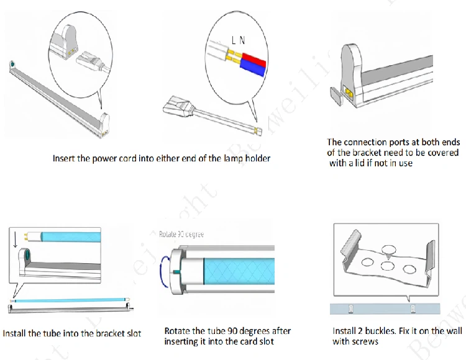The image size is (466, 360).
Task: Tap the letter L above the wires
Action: (x=234, y=40)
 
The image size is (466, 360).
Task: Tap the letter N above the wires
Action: (x=242, y=40)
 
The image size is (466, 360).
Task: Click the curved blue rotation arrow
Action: (x=163, y=271)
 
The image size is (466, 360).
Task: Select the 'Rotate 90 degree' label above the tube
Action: (x=178, y=235)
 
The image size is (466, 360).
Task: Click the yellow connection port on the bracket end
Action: (x=349, y=93)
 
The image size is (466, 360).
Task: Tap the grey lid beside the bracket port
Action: (x=335, y=95)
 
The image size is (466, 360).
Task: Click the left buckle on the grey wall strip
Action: (x=350, y=308)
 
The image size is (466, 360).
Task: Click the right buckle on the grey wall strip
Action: (x=411, y=308)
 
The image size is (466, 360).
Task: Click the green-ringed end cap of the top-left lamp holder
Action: (x=12, y=65)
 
